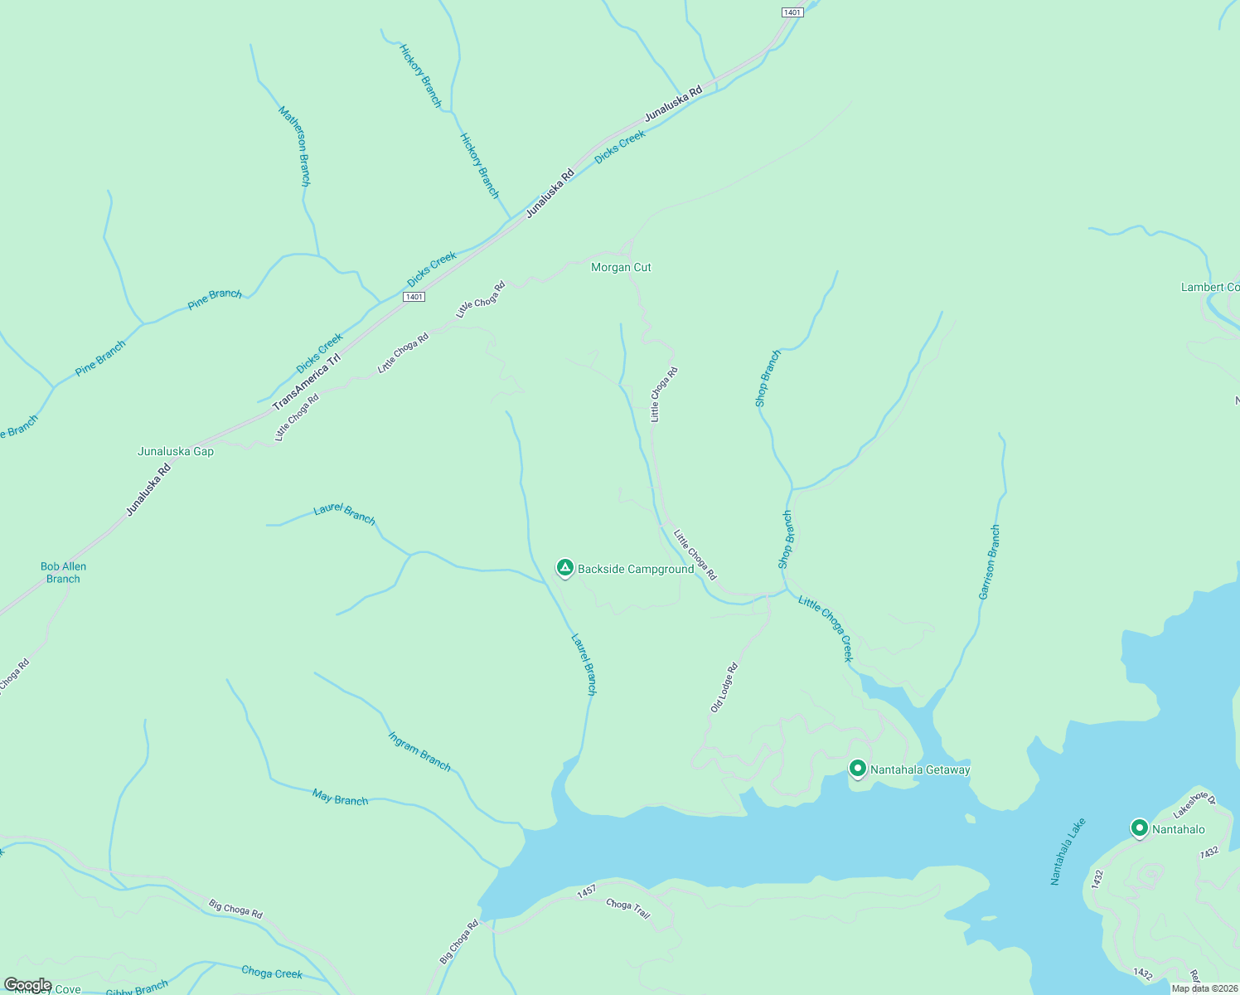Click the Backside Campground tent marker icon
click(x=564, y=568)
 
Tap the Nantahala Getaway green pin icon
click(x=858, y=769)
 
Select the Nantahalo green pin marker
click(x=1140, y=828)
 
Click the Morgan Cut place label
click(x=621, y=267)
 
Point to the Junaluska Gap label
click(x=176, y=451)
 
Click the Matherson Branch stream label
click(x=295, y=145)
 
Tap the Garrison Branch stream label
click(x=990, y=562)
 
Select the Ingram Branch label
click(x=419, y=750)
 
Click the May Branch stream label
click(x=340, y=798)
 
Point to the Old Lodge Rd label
click(x=724, y=687)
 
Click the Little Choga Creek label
click(x=826, y=628)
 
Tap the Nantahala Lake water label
click(x=1068, y=852)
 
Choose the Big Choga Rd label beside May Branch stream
click(x=235, y=909)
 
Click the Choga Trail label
click(x=628, y=908)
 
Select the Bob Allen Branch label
click(x=64, y=572)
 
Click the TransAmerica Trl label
click(x=307, y=381)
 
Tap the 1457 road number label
click(x=586, y=891)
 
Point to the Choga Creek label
click(x=272, y=972)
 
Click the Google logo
click(x=27, y=985)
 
